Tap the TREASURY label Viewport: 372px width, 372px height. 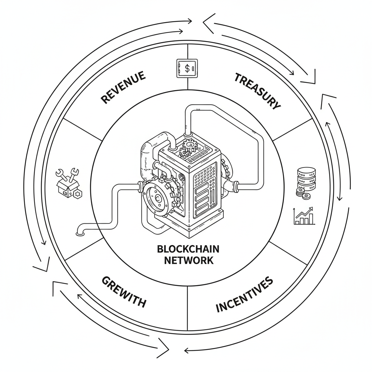tap(258, 91)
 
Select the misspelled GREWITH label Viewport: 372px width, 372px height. tap(124, 291)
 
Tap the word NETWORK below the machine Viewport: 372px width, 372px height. tap(189, 260)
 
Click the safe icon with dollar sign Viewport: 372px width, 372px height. tap(187, 68)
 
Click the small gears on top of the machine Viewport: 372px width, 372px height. tap(189, 147)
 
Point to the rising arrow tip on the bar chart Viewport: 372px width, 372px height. tap(312, 209)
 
